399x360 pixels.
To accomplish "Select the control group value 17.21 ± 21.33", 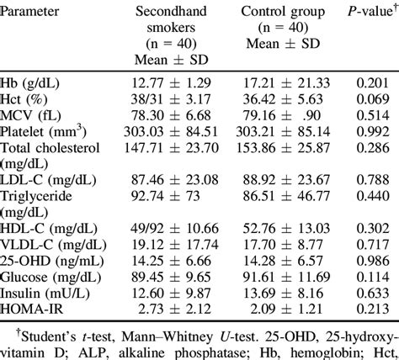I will click(x=283, y=83).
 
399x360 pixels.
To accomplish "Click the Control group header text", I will click(x=283, y=13).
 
